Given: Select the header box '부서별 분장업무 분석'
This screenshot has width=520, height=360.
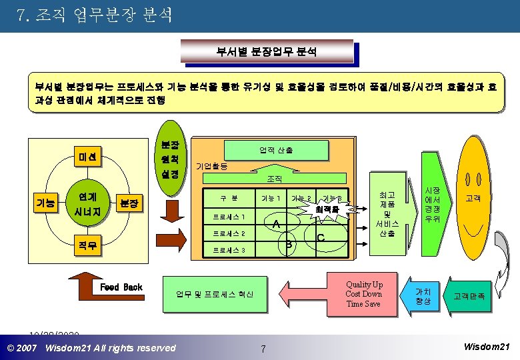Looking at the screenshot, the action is tap(267, 51).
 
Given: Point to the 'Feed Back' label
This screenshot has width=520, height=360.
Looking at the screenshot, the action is tap(121, 287).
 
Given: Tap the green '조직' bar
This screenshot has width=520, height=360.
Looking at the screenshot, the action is tap(275, 179).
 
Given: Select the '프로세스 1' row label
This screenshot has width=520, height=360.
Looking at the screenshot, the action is tap(229, 217).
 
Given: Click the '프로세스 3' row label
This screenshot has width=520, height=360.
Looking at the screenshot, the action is tap(229, 251).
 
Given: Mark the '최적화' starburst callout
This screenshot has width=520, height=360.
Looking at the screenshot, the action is tap(327, 209).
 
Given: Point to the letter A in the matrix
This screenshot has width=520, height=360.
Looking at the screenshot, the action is tap(275, 225).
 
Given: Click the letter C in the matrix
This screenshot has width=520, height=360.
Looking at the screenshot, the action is tap(321, 238).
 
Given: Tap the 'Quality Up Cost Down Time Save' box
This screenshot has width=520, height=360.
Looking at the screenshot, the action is tap(363, 293).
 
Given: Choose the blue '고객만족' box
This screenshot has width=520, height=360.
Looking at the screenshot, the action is tap(469, 296).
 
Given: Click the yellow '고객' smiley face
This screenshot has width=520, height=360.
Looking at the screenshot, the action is tap(477, 198).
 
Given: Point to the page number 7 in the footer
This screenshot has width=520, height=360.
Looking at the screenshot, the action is tap(263, 349).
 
